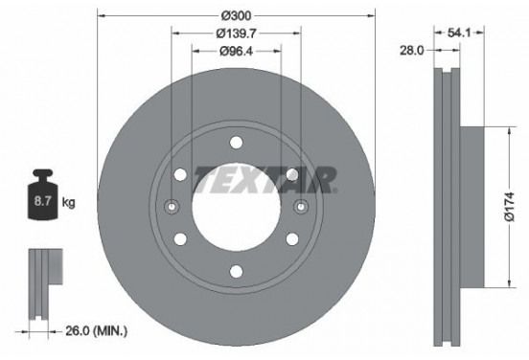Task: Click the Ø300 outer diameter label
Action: [237, 16]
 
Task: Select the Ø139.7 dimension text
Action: [236, 34]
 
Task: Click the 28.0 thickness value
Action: [413, 52]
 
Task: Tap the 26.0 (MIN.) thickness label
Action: [95, 331]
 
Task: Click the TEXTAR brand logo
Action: [264, 178]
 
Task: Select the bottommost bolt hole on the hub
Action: [236, 272]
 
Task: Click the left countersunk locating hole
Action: [172, 207]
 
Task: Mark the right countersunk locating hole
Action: [300, 207]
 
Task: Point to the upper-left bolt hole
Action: [180, 174]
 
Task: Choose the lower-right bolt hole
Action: [291, 239]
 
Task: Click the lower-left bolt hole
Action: [180, 239]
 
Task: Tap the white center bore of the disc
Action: [236, 207]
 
